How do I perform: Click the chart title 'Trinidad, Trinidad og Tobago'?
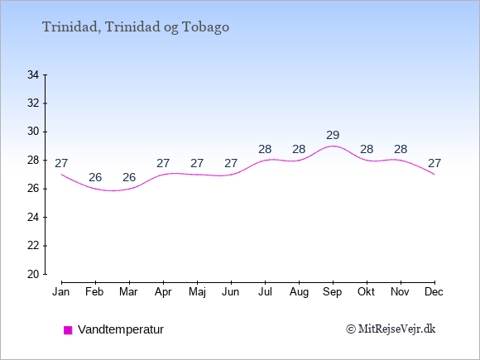click(136, 27)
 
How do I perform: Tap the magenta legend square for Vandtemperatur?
click(68, 330)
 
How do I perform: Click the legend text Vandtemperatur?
click(121, 329)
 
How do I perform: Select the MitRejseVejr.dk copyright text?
click(391, 329)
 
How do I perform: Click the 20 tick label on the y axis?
click(33, 274)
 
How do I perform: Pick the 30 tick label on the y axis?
click(33, 132)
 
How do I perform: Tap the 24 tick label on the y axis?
click(33, 218)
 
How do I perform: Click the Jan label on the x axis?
click(61, 292)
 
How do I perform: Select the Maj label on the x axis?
click(197, 292)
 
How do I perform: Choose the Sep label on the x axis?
click(333, 292)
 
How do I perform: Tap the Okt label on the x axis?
click(367, 292)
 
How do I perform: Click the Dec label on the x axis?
click(434, 292)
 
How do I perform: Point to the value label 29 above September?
click(333, 135)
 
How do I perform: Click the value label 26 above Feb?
click(95, 177)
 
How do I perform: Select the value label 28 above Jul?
click(265, 150)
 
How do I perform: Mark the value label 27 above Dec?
click(434, 164)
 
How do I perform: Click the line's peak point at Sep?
click(333, 146)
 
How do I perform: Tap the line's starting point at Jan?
click(62, 175)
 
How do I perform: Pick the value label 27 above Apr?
click(163, 164)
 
